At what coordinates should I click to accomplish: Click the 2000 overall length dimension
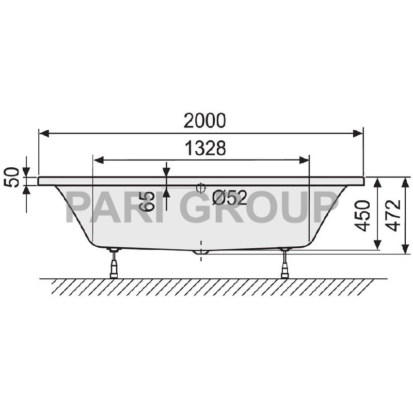click(205, 120)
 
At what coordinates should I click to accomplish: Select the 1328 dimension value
click(205, 149)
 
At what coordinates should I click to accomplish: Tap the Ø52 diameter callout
click(230, 197)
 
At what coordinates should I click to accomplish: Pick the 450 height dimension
click(364, 215)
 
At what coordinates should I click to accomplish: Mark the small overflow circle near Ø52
click(201, 188)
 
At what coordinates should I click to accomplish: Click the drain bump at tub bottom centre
click(202, 252)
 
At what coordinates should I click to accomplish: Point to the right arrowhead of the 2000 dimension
click(358, 134)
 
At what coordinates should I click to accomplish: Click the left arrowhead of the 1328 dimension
click(98, 160)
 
